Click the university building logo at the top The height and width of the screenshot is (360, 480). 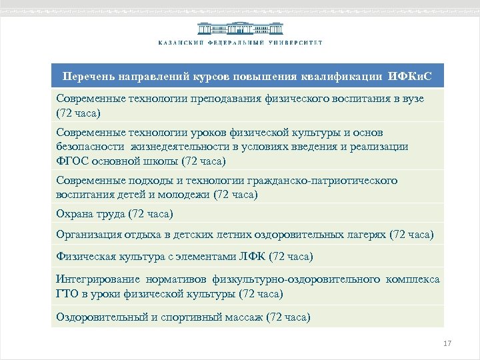[x=240, y=28]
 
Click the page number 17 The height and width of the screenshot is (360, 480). [x=447, y=343]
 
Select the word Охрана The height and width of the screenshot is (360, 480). [x=75, y=213]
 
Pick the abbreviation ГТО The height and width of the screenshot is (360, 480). [x=67, y=293]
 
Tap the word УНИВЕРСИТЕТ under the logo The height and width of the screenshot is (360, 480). [x=295, y=43]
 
